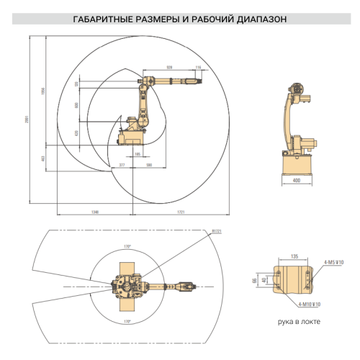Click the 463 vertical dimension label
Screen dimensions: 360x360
42,158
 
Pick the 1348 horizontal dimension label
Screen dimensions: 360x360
94,212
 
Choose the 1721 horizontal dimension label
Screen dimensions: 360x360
181,212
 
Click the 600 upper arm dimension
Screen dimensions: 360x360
76,105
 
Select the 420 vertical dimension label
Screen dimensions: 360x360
76,134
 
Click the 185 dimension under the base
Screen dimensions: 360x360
138,154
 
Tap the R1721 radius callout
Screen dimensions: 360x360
215,232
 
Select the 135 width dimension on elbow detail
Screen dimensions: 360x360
294,256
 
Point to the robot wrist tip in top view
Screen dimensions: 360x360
193,287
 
